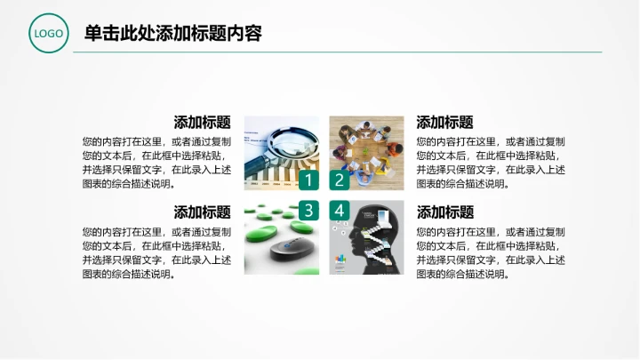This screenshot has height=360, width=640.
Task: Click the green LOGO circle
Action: tap(48, 34)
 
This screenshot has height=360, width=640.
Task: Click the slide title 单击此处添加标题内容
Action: tap(172, 34)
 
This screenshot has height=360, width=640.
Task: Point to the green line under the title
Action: tap(338, 52)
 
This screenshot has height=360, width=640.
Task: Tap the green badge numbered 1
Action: tap(308, 180)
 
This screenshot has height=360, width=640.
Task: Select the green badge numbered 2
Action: tap(339, 180)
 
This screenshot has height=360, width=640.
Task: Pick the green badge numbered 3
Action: tap(308, 211)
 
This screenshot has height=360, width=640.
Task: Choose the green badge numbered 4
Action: tap(339, 211)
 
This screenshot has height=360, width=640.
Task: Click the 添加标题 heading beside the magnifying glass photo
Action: tap(203, 123)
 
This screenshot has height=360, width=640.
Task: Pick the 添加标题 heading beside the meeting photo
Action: tap(444, 123)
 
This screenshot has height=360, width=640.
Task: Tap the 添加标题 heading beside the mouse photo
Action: tap(203, 212)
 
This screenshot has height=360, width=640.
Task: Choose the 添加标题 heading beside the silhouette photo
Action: tap(444, 212)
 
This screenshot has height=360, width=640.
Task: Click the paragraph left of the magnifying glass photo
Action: tap(156, 163)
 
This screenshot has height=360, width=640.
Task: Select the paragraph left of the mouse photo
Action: tap(156, 252)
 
